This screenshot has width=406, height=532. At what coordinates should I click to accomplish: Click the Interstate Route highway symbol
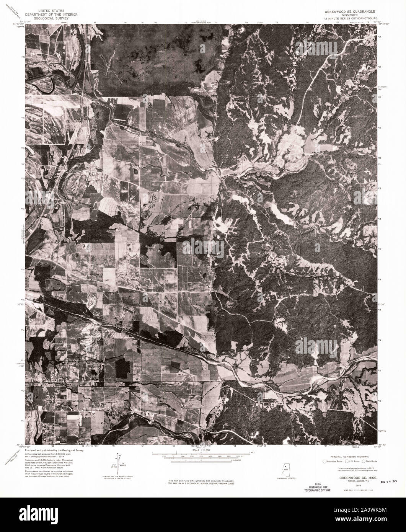pyautogui.click(x=325, y=462)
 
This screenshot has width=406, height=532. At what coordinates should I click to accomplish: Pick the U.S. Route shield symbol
pyautogui.click(x=347, y=462)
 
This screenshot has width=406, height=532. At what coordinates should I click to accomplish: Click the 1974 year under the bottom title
pyautogui.click(x=347, y=485)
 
